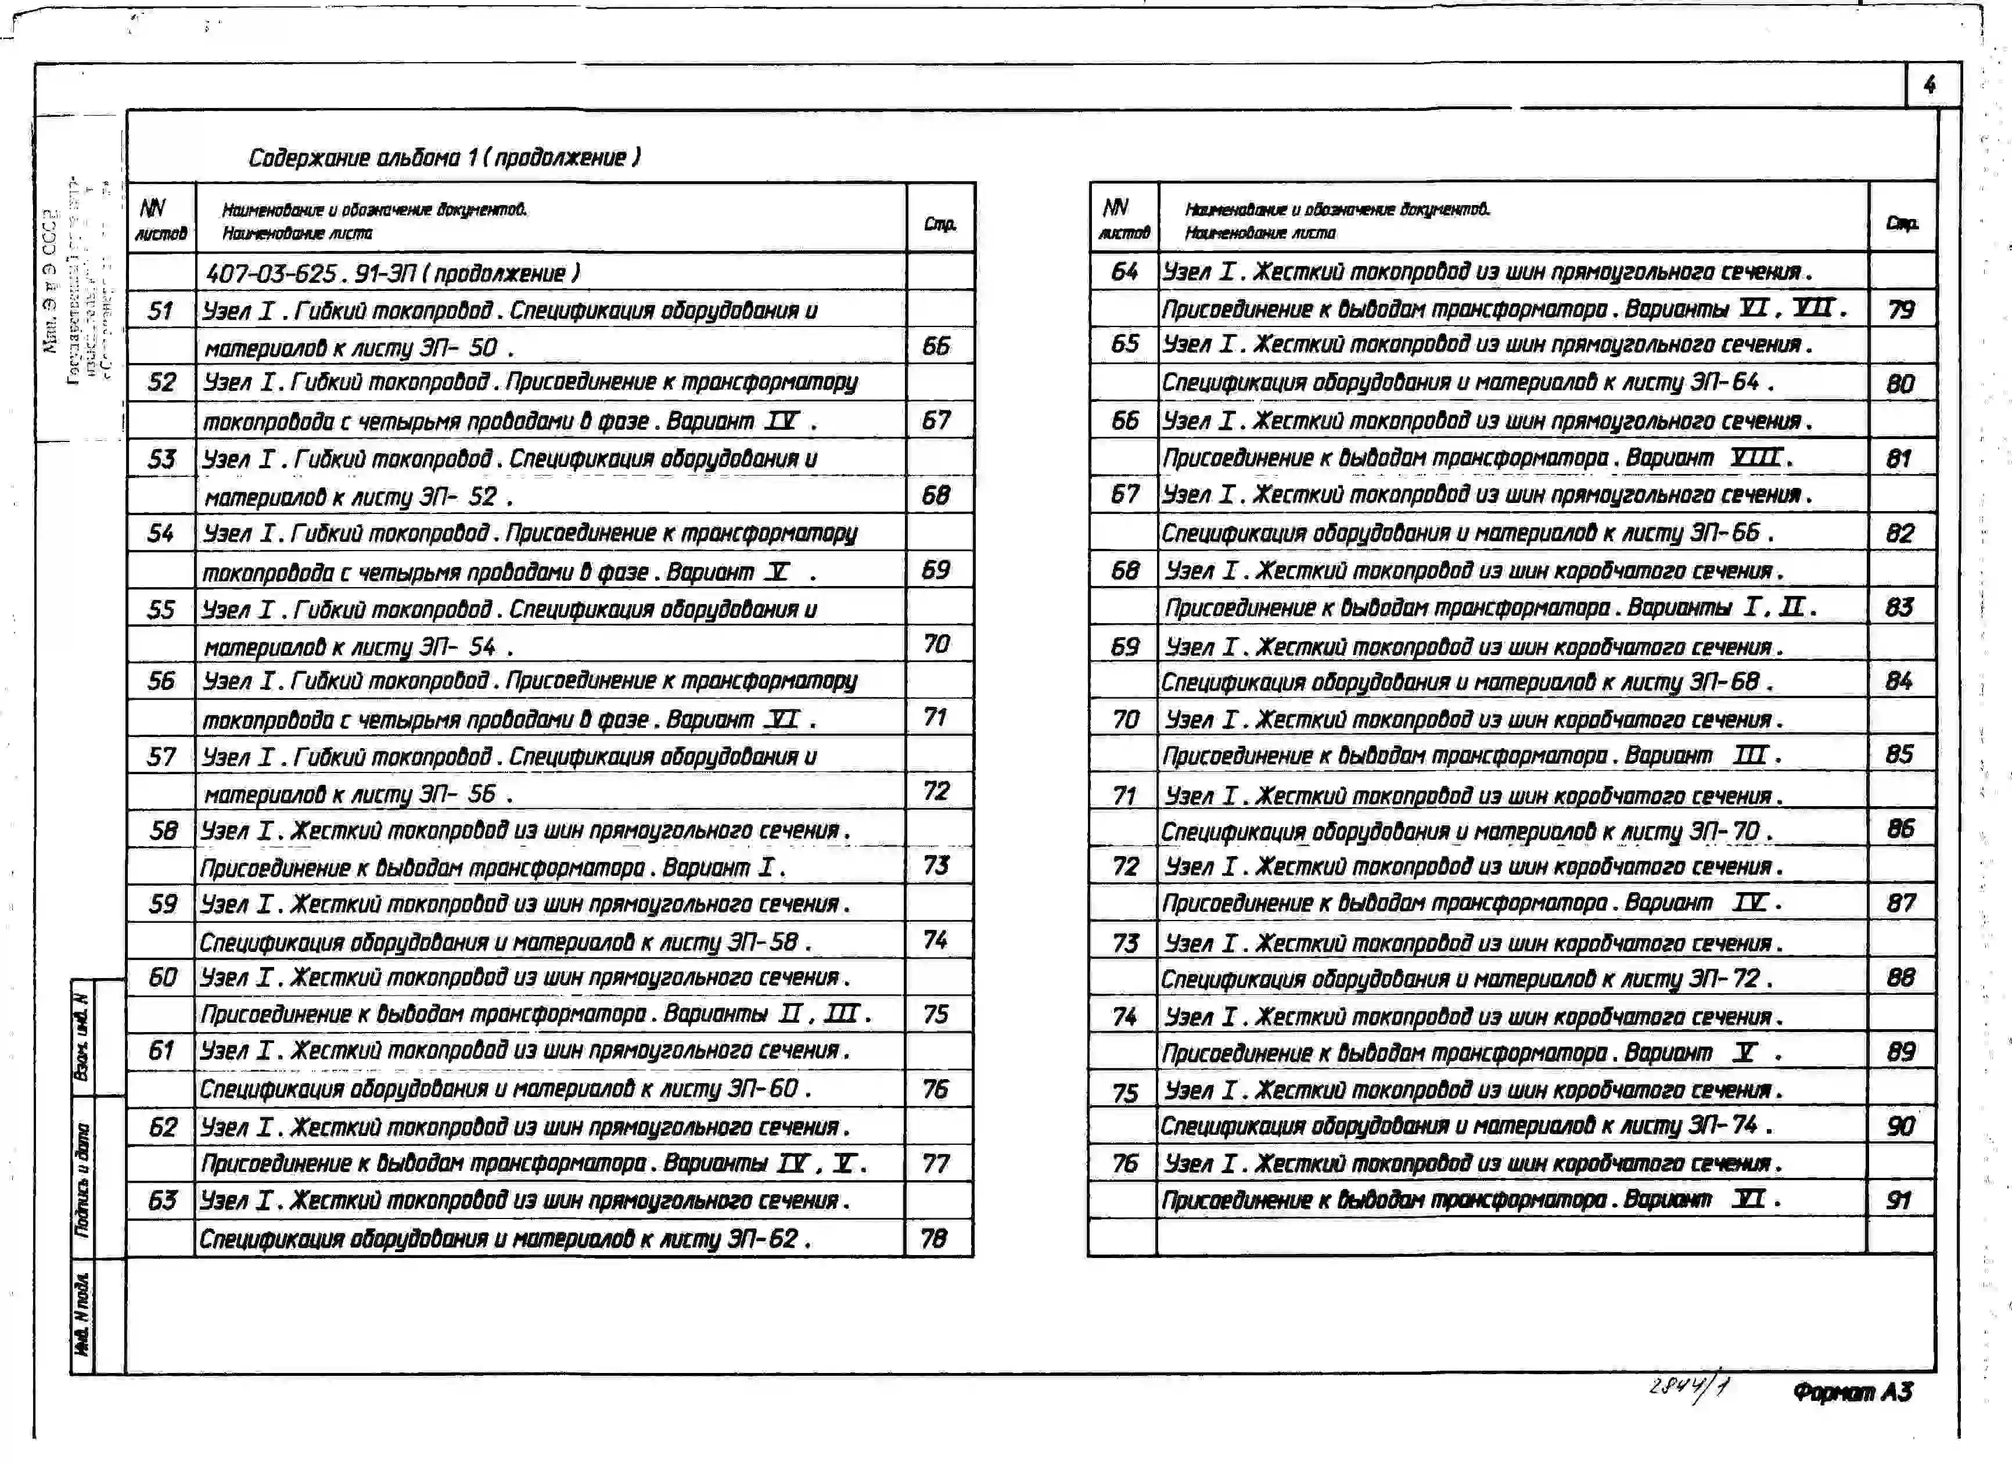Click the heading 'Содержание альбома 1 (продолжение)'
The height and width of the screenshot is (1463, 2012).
[x=444, y=158]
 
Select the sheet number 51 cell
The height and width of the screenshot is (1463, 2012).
[x=160, y=311]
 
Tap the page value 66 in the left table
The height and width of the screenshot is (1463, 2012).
[x=936, y=346]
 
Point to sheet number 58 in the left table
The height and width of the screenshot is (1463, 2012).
[x=163, y=831]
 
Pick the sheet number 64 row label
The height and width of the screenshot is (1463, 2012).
[x=1124, y=271]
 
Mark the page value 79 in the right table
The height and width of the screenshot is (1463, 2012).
[x=1901, y=310]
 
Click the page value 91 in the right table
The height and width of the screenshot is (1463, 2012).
[x=1899, y=1200]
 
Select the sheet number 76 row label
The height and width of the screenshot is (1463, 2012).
[x=1124, y=1163]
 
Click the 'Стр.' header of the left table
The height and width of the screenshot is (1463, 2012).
[x=939, y=224]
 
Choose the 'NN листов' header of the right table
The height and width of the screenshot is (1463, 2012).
[x=1123, y=219]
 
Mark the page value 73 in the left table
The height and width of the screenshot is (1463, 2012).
[x=936, y=865]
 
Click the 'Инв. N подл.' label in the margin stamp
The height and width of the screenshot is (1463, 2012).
[x=82, y=1314]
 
